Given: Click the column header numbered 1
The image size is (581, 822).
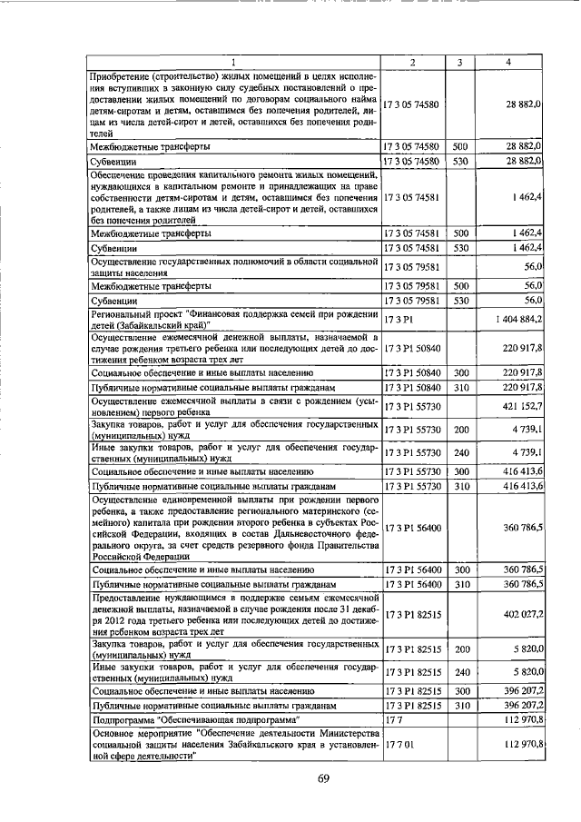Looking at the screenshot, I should [232, 62].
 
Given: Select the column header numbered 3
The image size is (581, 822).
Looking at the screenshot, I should [460, 62].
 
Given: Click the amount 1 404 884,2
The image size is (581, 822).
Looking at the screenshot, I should [517, 320].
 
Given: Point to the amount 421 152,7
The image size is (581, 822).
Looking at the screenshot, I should [521, 405].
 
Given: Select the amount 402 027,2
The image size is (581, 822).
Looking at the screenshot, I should [521, 615].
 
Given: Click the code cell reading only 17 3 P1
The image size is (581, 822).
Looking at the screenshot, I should [398, 320].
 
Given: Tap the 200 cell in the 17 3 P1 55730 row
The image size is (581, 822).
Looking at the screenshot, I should [460, 430].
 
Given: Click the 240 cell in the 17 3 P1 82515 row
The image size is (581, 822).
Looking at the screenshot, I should [460, 671].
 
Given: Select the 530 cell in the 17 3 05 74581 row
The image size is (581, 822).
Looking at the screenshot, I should [460, 247].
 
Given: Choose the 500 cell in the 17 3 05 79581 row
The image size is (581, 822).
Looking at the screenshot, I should [460, 284].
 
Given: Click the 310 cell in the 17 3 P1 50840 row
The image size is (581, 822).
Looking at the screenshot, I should [460, 388].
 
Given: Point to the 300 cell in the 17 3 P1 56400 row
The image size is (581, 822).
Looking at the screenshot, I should [460, 569].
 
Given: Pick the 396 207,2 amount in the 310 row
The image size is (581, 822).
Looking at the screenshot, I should [521, 705].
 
